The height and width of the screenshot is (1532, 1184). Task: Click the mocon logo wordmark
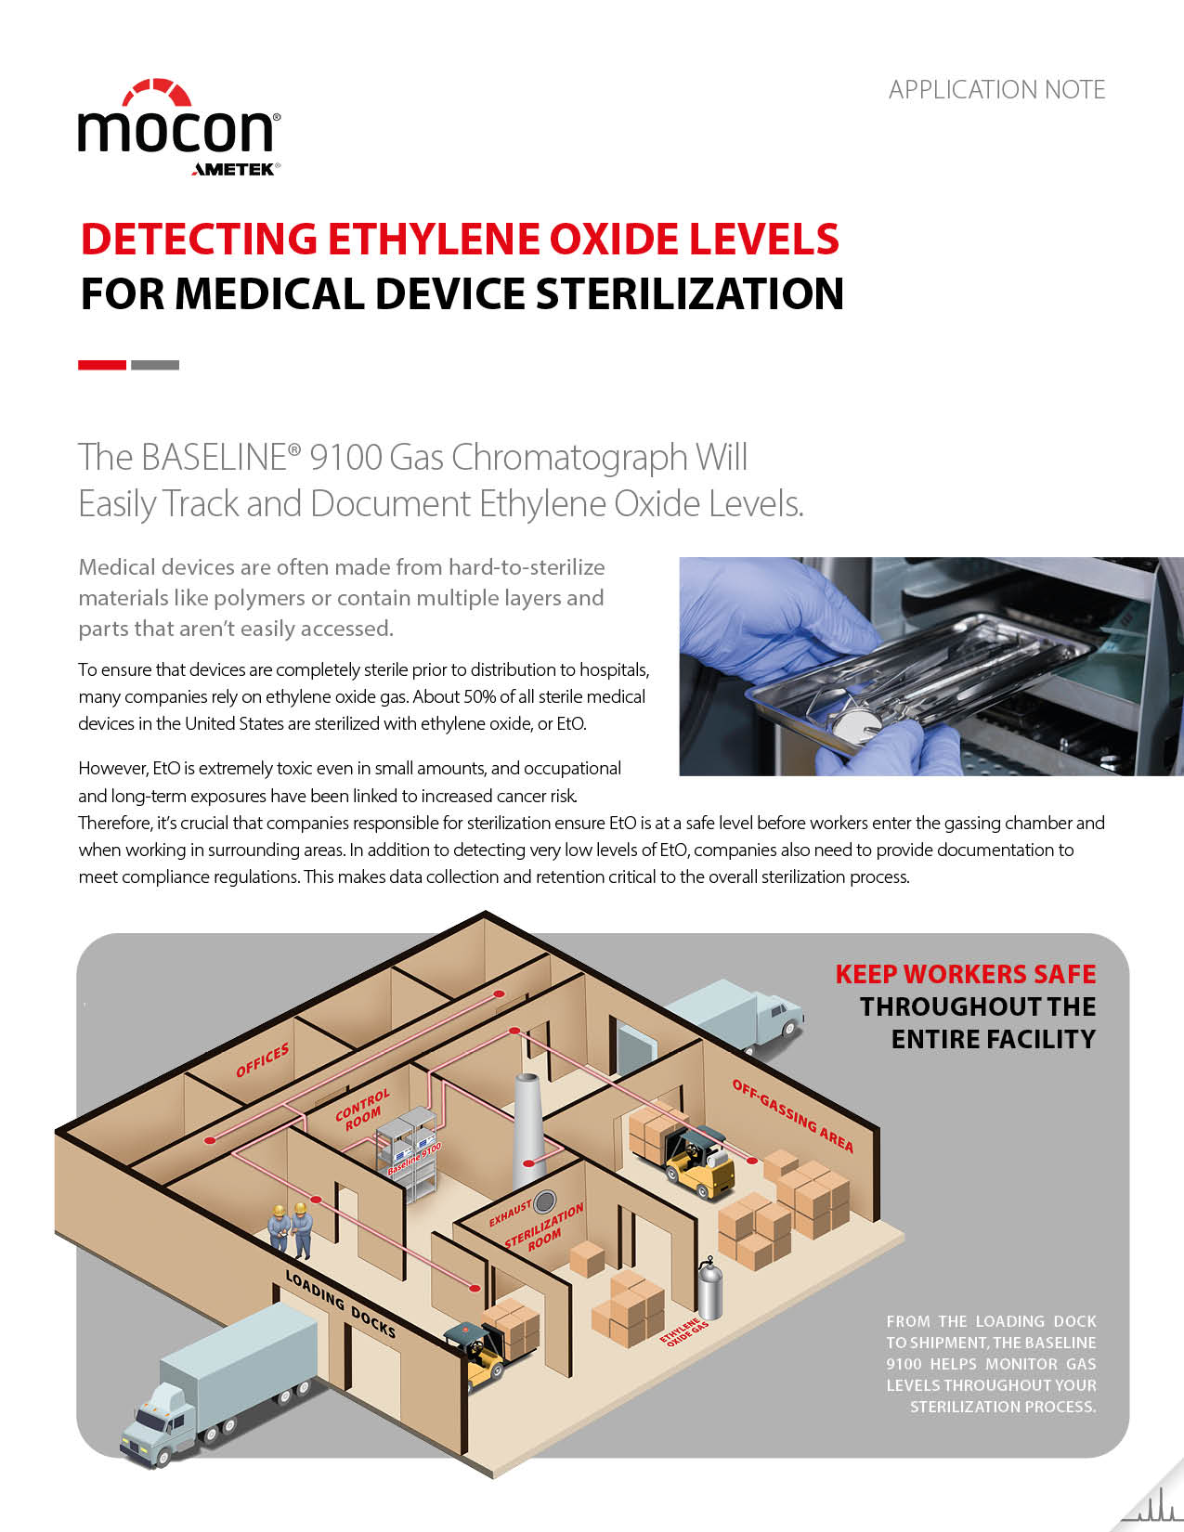point(176,130)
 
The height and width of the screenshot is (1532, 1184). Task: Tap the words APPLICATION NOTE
point(996,90)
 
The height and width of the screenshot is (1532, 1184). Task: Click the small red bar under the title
point(102,365)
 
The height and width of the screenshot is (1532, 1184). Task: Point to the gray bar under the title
point(155,365)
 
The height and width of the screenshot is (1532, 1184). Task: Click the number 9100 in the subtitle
point(345,458)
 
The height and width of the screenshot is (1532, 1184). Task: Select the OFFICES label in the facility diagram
point(263,1060)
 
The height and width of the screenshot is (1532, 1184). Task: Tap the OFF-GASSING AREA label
point(792,1114)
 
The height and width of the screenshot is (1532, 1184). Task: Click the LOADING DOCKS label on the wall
point(340,1304)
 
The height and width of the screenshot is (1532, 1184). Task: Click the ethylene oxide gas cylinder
point(710,1289)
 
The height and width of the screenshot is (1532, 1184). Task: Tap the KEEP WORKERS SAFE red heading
point(965,974)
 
